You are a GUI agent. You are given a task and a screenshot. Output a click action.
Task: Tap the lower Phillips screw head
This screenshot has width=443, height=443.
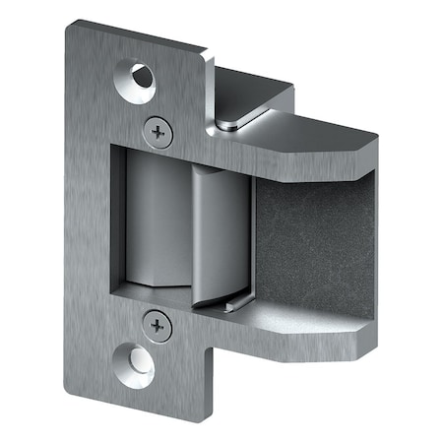[x=153, y=322]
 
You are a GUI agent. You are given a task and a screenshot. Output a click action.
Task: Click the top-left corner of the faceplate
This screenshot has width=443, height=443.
[x=72, y=27]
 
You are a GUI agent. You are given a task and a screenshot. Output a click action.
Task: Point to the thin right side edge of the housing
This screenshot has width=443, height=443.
[x=378, y=236]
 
